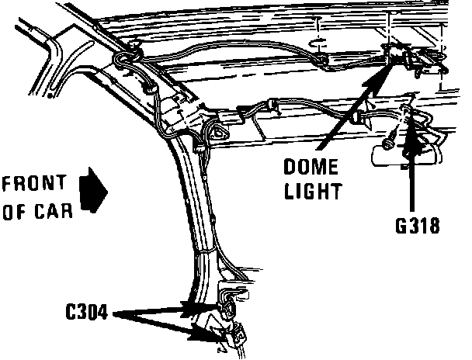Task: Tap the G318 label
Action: pos(416,227)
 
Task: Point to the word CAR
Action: pos(55,210)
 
